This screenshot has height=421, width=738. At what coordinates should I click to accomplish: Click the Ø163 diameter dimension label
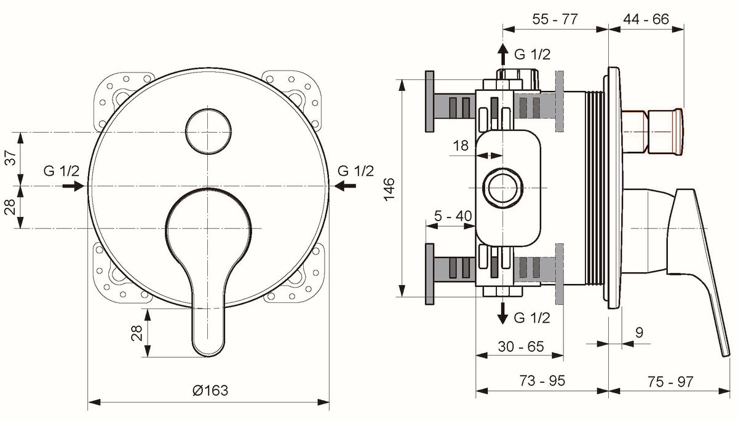(210, 390)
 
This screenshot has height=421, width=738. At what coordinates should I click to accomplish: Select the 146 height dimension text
(389, 189)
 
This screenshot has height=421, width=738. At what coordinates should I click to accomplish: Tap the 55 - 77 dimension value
(555, 19)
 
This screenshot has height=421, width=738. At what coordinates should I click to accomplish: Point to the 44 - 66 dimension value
(646, 19)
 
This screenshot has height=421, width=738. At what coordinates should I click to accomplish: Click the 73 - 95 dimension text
(542, 380)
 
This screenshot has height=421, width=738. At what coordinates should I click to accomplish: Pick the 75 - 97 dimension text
(670, 382)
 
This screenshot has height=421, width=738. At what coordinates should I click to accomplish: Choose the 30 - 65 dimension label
(521, 346)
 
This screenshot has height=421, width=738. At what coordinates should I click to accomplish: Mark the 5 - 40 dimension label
(453, 216)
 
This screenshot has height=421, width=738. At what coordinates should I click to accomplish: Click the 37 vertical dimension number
(10, 158)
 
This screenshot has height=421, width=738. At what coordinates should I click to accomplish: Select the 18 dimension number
(461, 146)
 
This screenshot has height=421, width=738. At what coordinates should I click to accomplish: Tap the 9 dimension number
(639, 332)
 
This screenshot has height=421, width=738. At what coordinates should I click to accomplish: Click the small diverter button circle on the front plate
(208, 132)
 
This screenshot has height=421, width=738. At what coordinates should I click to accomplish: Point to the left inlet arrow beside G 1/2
(73, 186)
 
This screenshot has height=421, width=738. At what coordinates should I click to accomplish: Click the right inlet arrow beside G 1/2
(345, 186)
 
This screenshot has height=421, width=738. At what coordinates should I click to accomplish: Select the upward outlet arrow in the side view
(503, 54)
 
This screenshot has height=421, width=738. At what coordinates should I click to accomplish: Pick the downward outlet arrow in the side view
(503, 313)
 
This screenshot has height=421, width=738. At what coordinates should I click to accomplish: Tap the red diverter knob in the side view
(653, 132)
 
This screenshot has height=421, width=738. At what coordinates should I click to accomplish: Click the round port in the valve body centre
(503, 188)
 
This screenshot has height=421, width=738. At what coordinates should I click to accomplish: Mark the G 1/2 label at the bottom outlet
(532, 318)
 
